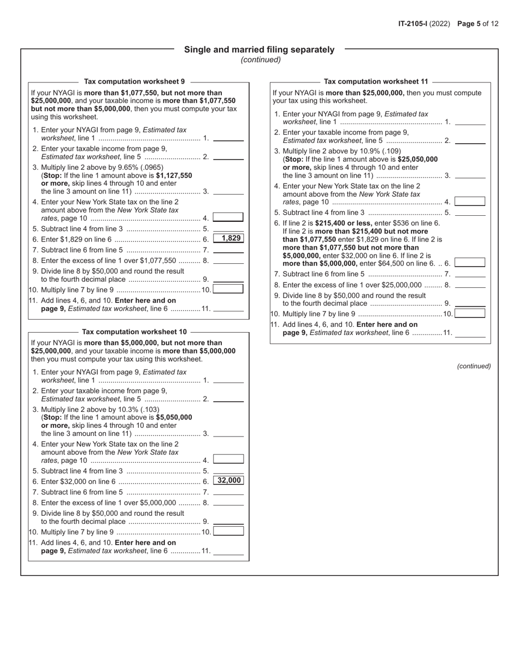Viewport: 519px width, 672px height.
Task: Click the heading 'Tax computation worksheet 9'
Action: (x=134, y=81)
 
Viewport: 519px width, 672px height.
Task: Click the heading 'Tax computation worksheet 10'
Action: (x=134, y=332)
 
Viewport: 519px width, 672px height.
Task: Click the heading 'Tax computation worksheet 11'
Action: (x=376, y=81)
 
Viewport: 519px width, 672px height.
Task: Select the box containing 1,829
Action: (x=228, y=239)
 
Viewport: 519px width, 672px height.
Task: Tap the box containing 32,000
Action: (x=228, y=481)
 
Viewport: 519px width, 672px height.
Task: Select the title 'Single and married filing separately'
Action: (x=259, y=50)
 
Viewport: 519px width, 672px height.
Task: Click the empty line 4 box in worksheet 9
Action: (x=228, y=217)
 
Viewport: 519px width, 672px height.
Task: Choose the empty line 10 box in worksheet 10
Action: (x=228, y=531)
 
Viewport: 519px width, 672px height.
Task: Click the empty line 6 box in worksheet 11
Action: (x=470, y=263)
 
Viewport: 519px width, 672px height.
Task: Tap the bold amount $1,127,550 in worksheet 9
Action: (x=174, y=175)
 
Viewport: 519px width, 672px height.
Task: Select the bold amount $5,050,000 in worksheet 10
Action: (x=174, y=417)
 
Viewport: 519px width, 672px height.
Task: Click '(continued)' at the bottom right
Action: (x=474, y=366)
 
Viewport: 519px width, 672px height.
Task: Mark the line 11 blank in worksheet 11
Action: (x=470, y=334)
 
